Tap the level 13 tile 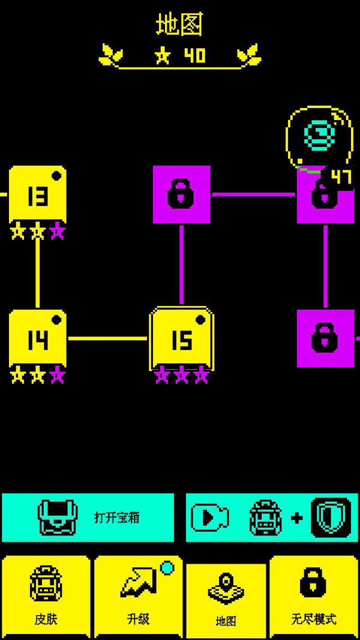(37, 195)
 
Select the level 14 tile (37, 339)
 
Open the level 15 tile (181, 339)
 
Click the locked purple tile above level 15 (181, 195)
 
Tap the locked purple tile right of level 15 (325, 338)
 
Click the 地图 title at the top (179, 25)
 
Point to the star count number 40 (194, 56)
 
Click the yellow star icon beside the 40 (163, 56)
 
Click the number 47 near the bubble (341, 177)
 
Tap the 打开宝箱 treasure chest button (88, 518)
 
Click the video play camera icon (209, 518)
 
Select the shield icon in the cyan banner (331, 518)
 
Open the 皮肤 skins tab (46, 597)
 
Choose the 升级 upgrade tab (138, 597)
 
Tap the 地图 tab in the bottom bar (226, 600)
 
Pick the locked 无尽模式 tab (313, 597)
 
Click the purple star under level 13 (57, 232)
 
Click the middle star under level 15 (181, 376)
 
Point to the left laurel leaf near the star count (110, 55)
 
